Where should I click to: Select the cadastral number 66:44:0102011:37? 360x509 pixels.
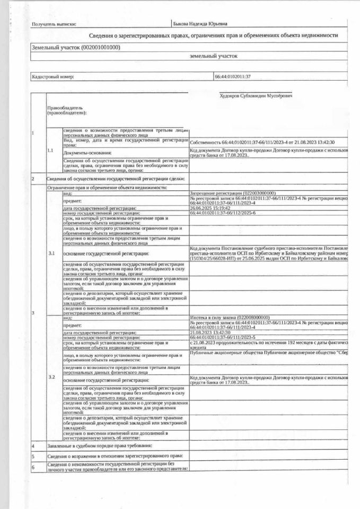[x=232, y=77]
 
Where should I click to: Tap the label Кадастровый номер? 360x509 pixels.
[x=53, y=77]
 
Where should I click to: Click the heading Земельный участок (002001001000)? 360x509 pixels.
[x=76, y=47]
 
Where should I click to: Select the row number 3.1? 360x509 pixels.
[x=51, y=253]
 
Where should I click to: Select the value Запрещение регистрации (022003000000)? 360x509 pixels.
[x=233, y=194]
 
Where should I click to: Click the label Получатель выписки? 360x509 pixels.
[x=54, y=24]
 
